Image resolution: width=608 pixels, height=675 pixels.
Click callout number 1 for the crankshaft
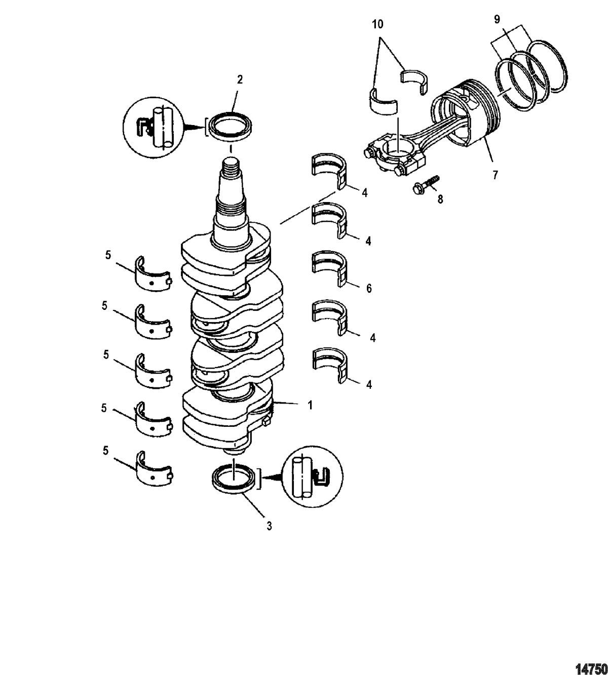(311, 405)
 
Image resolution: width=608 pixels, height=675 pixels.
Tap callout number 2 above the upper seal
(240, 80)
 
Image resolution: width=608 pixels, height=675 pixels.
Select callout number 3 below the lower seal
(270, 526)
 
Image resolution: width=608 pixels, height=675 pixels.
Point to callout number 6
(369, 289)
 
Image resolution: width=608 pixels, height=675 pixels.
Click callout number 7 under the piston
(496, 175)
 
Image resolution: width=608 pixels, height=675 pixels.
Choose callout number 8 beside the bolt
(440, 200)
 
